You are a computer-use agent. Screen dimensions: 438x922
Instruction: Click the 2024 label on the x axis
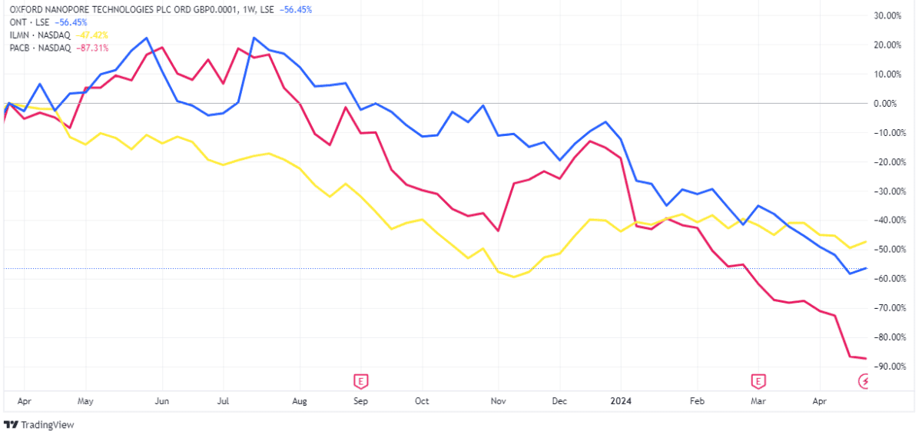pos(621,401)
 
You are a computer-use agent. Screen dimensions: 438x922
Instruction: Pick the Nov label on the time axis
pos(499,401)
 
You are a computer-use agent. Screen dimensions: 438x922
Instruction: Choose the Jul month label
pos(224,401)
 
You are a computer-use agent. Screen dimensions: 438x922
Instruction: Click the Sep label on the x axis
pos(360,401)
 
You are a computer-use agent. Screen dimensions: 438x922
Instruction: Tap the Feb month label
pos(697,401)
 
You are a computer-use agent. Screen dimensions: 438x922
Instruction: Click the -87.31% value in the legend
pos(93,48)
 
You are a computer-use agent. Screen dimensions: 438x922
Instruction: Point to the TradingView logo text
pos(47,425)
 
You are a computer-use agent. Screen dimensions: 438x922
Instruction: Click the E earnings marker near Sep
pos(360,380)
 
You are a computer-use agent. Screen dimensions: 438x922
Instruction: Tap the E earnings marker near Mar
pos(758,380)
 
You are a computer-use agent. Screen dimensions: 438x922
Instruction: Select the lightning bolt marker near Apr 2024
pos(865,380)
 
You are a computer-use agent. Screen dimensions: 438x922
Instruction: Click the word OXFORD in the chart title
pos(27,9)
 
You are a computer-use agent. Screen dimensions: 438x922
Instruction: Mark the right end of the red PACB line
pos(867,359)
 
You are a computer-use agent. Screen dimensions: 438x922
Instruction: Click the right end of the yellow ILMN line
pos(867,241)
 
